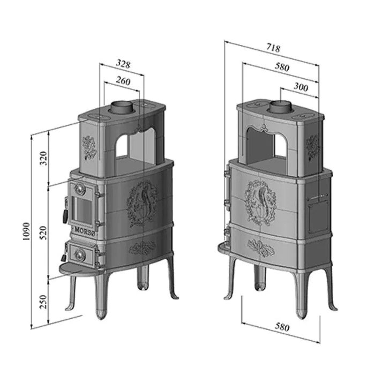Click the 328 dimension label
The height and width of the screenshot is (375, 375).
(123, 64)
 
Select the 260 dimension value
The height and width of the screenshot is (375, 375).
(123, 81)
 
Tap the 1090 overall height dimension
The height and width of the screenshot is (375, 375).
(26, 231)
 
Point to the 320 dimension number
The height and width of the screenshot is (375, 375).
(43, 159)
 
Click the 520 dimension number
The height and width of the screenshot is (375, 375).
(43, 232)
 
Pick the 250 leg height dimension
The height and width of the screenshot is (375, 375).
(43, 302)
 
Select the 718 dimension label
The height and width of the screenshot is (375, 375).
(273, 48)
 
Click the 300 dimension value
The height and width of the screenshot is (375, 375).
(301, 87)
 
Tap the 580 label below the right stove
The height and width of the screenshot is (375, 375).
(282, 327)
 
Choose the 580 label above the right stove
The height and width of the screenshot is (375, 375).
(282, 67)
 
